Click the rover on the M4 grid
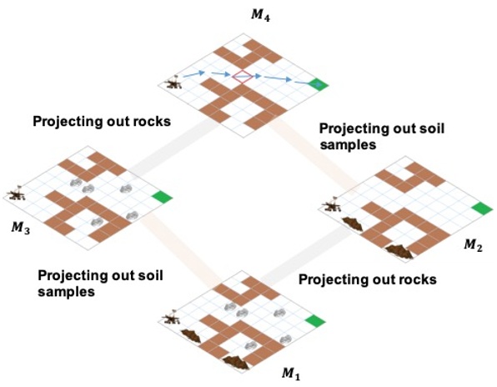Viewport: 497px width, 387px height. point(174,83)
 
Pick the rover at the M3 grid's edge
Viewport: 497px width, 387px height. point(16,194)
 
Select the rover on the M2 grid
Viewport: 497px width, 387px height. point(332,204)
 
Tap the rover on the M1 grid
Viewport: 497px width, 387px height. point(173,318)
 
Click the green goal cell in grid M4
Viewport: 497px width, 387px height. point(318,84)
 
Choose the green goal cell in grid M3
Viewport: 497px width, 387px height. point(163,197)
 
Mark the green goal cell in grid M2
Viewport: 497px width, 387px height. point(481,208)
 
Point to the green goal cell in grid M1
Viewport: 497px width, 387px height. point(315,320)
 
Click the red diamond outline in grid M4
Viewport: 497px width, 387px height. point(242,78)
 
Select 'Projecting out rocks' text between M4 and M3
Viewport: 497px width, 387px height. point(102,121)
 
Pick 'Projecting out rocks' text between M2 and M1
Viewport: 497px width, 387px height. point(367,279)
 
